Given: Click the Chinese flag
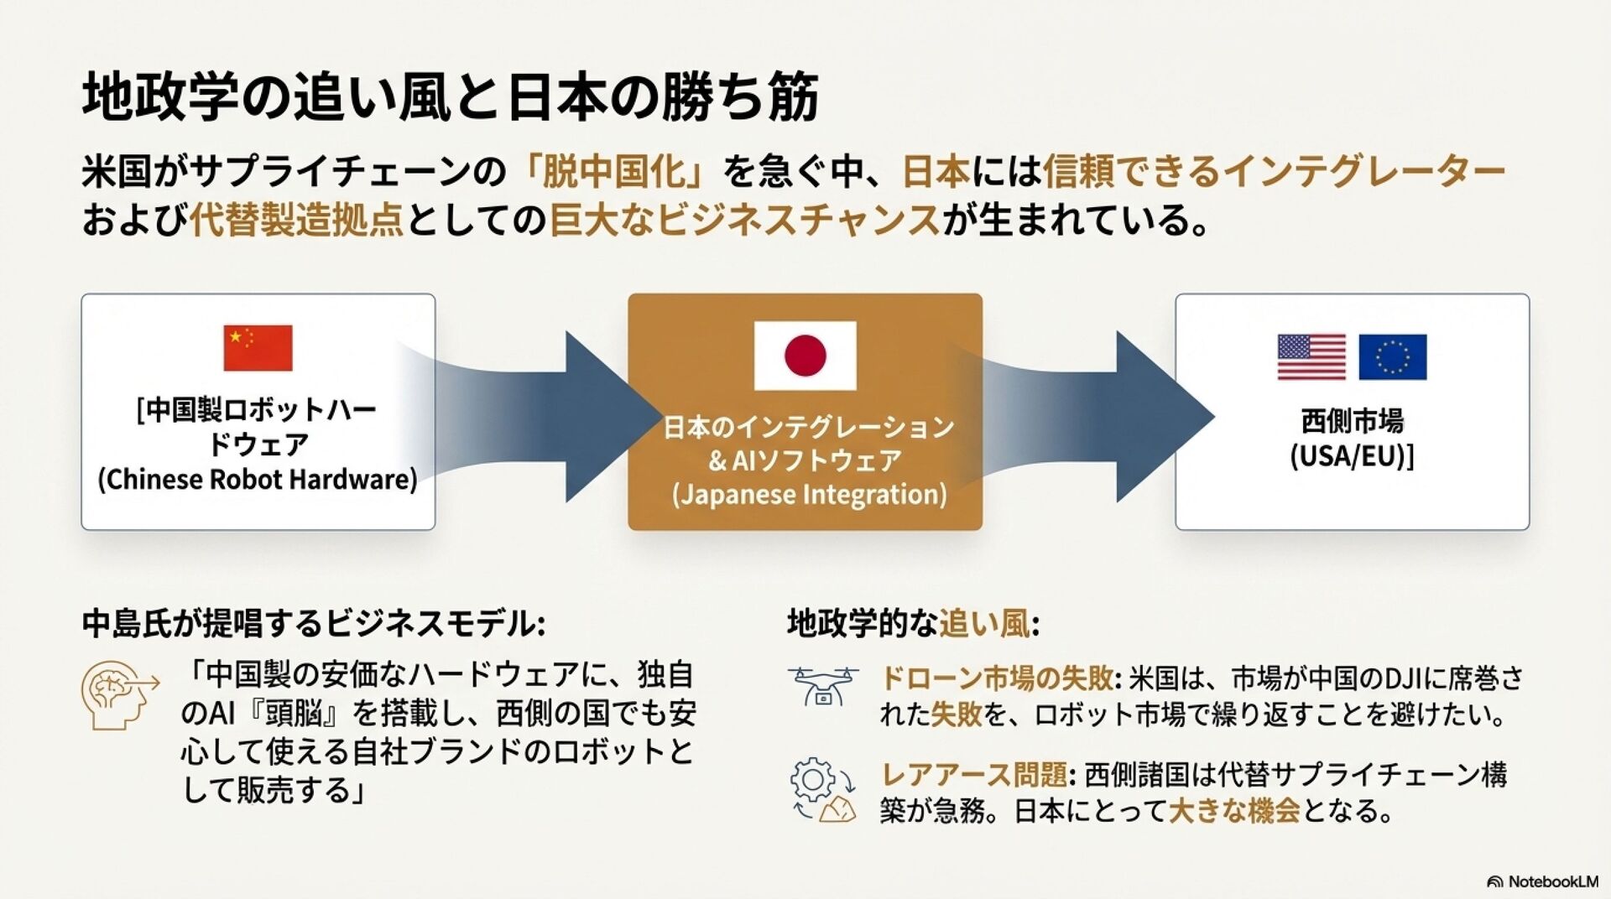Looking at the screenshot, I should (x=258, y=348).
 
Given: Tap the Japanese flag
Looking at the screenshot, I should (x=805, y=356).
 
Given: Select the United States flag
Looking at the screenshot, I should (x=1311, y=357).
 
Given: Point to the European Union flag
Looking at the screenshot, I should (x=1392, y=357).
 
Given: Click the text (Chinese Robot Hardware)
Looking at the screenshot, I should (x=258, y=480).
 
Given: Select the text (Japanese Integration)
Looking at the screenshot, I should (x=809, y=494).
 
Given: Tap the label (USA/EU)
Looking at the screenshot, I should (x=1352, y=456).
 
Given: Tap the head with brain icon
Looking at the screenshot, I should (x=118, y=695).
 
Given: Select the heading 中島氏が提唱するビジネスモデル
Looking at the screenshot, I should (x=314, y=624).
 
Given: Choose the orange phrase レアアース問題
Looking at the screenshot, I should (x=973, y=774).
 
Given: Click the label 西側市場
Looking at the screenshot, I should (x=1352, y=421).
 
